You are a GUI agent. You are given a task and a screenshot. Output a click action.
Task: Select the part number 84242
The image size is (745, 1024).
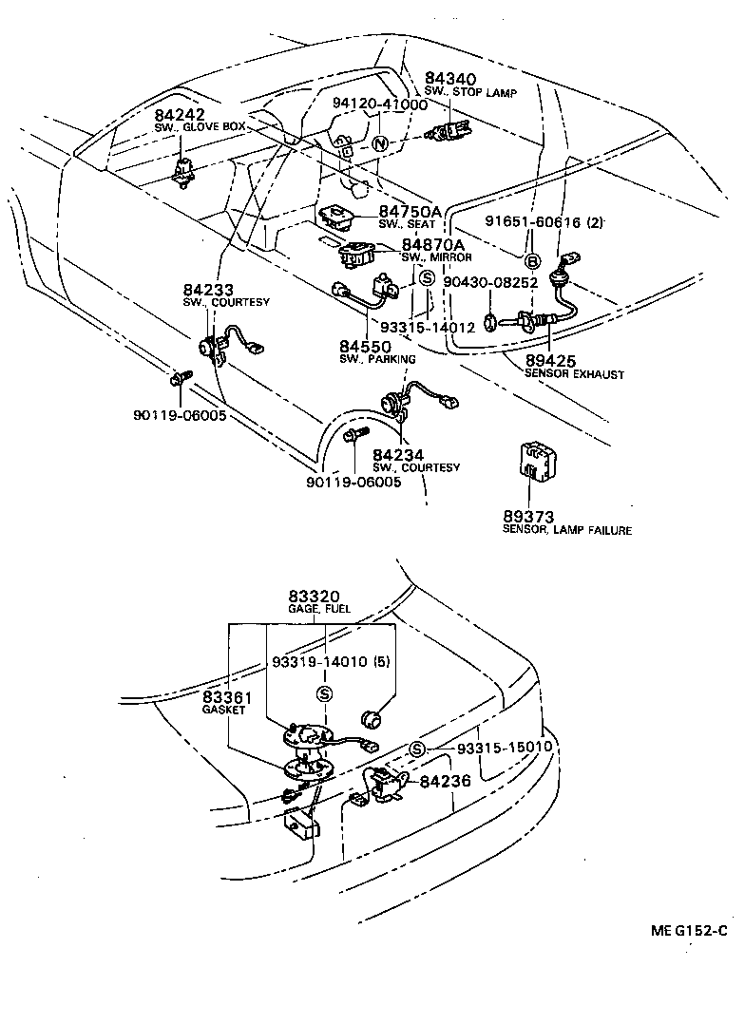pos(179,114)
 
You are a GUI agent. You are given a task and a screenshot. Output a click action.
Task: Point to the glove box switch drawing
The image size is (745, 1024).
pos(181,173)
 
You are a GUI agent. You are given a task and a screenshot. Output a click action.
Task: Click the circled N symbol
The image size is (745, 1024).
pos(379,144)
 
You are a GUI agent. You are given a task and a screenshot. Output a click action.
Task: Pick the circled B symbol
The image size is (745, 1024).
pos(533,261)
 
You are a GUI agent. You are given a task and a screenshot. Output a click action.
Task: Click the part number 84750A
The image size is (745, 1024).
pos(411,211)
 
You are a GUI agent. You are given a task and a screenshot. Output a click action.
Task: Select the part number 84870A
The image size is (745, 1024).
pos(432,244)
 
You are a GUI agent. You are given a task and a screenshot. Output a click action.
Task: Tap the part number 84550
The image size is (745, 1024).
pos(365,346)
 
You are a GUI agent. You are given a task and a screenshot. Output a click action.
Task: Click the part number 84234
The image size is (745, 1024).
pos(396,455)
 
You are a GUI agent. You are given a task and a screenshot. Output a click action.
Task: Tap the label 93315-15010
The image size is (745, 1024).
pos(504,748)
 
